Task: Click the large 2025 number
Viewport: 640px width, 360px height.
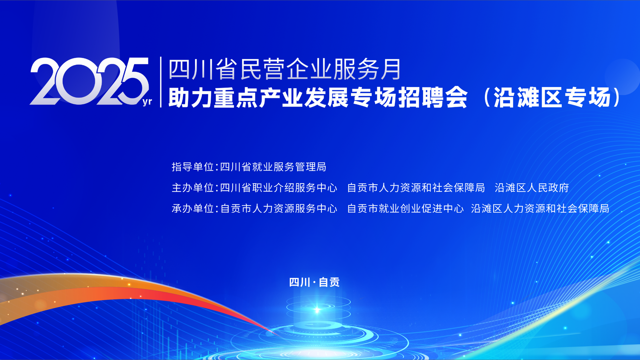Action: pos(89,81)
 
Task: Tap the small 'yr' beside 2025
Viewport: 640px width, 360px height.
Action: pos(147,101)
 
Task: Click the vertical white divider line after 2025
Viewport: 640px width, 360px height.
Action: pos(161,82)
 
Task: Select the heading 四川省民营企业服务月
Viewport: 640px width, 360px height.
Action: pos(285,69)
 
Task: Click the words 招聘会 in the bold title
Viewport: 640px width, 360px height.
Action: pos(433,97)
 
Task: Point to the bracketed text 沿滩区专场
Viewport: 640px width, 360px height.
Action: pos(552,97)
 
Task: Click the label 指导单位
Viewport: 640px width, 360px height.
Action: pos(193,167)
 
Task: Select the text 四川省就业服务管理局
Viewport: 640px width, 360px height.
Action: pos(273,167)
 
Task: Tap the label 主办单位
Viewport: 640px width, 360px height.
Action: pos(193,188)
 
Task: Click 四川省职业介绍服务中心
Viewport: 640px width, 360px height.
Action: pos(279,188)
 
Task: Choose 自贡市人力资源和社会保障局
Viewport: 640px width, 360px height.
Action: pos(416,188)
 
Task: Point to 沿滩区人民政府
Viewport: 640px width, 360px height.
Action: pos(532,188)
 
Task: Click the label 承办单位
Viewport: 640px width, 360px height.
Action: pos(193,208)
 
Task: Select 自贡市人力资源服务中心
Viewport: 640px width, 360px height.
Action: pos(279,208)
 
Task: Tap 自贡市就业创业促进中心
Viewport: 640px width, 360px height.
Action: pos(405,208)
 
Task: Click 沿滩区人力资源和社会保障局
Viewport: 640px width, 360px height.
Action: pos(540,208)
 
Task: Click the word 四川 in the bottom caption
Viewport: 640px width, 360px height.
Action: pos(300,282)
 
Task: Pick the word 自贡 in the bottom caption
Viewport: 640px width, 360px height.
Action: pos(329,282)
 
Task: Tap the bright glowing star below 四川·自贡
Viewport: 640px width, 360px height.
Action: pos(317,310)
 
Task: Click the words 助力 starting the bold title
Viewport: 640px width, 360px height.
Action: pos(191,97)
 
